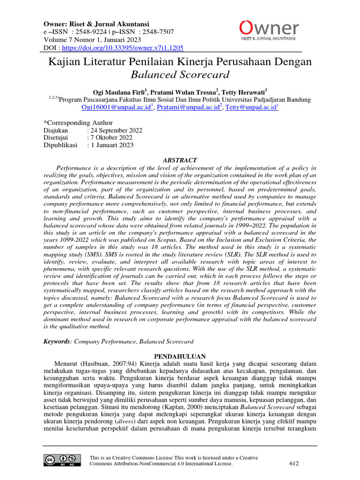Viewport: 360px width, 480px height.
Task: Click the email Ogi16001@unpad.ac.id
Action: pos(116,107)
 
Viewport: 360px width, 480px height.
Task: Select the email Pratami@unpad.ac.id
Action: pos(188,107)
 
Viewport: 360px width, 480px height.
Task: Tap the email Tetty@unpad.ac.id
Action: pos(251,107)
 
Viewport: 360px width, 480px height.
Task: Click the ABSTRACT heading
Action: pos(179,160)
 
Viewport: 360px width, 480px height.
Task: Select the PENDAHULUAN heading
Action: pos(180,357)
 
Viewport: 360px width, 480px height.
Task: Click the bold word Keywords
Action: pos(56,342)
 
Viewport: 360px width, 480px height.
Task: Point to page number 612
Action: pos(294,464)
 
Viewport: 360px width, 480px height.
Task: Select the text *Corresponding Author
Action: pos(78,123)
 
